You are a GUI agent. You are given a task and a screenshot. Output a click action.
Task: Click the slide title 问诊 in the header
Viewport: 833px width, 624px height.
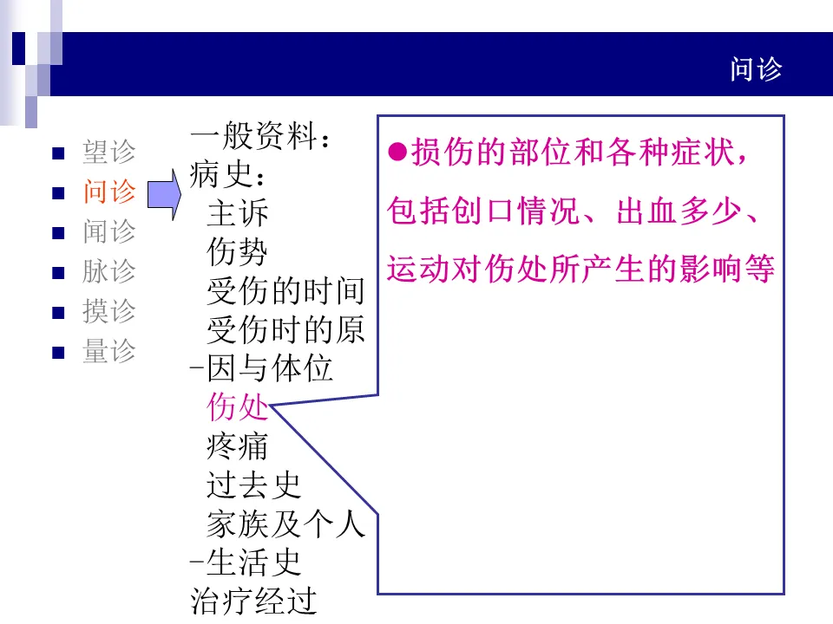(757, 69)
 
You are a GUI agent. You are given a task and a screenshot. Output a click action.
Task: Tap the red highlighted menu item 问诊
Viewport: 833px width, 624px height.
(109, 192)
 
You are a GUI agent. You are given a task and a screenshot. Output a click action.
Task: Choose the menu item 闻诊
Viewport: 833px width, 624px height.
(109, 231)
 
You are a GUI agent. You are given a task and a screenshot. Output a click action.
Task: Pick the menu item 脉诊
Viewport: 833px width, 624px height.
(109, 271)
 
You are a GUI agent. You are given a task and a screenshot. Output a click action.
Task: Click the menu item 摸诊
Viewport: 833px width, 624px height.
(109, 311)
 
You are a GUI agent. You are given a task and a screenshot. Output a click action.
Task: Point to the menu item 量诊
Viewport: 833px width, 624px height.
(109, 351)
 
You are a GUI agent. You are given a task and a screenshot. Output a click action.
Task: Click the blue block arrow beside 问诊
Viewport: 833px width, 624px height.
(162, 194)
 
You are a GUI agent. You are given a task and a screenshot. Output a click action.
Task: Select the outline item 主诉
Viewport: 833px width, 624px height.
(238, 213)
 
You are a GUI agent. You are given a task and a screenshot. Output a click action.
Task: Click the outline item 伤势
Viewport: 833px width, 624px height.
(238, 252)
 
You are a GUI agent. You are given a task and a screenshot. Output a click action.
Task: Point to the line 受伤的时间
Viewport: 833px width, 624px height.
(285, 291)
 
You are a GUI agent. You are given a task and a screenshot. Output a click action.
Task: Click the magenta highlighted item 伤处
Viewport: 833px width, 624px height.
(238, 406)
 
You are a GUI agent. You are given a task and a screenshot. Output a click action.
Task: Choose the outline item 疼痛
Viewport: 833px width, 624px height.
(238, 445)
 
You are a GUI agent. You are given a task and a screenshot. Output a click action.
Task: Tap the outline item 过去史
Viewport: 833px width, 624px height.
(253, 484)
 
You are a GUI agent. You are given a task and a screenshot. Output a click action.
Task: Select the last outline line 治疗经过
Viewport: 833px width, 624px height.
(253, 601)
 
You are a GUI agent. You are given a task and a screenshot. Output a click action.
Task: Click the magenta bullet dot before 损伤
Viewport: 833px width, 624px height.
(397, 153)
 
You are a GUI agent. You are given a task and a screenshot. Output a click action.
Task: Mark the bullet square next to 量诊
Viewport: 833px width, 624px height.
(58, 353)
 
